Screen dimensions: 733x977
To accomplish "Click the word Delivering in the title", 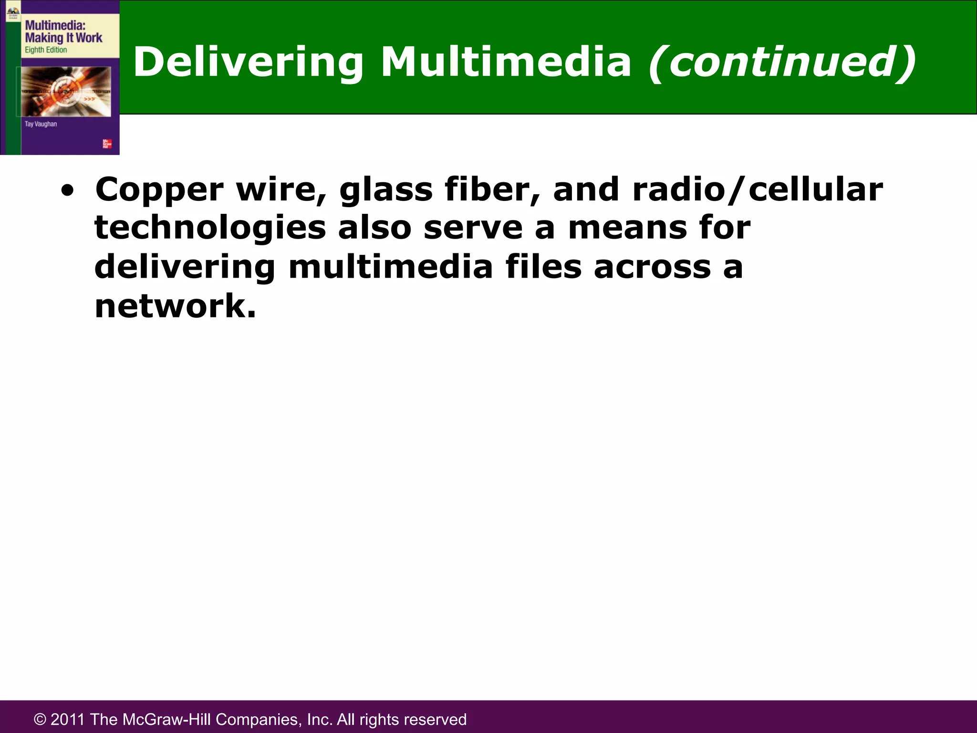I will point(248,62).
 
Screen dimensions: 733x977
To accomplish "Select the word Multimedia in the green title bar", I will point(506,62).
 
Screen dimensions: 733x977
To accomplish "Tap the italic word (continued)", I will point(782,62).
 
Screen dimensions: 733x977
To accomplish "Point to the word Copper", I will point(159,190).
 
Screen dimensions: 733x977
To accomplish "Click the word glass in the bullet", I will point(386,190).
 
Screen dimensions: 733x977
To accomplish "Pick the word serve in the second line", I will point(473,228).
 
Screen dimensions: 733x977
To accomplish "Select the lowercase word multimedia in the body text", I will point(391,267).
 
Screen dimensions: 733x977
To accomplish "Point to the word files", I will point(543,267).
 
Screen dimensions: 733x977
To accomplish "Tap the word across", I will point(652,267).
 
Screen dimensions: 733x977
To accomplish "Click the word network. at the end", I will point(175,306).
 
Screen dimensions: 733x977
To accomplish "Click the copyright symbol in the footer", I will point(40,720).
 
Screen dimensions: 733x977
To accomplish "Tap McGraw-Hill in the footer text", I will point(166,720).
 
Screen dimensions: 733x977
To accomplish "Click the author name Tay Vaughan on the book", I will point(41,124).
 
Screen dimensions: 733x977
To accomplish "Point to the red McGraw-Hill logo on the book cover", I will point(107,144).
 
